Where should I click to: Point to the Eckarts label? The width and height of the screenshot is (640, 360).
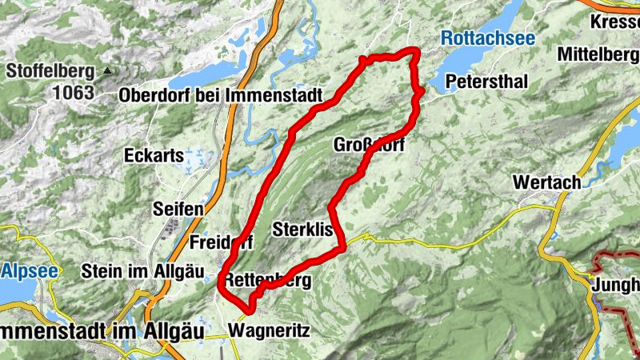coord(154,156)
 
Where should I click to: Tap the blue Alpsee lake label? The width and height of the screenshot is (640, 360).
coord(30,270)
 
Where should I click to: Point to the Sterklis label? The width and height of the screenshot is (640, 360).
coord(302,228)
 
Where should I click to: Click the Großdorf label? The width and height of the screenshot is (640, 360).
coord(367,146)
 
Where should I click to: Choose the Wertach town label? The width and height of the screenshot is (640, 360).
coord(547,182)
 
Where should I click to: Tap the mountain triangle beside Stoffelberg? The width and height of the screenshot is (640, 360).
coord(106,71)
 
